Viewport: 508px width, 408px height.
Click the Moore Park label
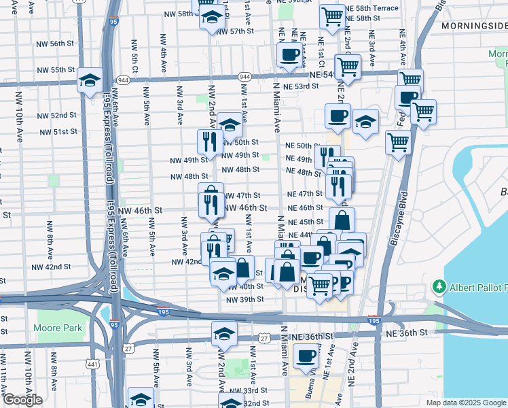pos(58,328)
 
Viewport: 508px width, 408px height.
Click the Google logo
pos(22,400)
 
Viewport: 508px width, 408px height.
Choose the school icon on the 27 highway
pos(223,334)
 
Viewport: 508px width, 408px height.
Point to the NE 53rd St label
pos(301,87)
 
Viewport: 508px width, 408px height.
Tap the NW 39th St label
pos(246,299)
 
